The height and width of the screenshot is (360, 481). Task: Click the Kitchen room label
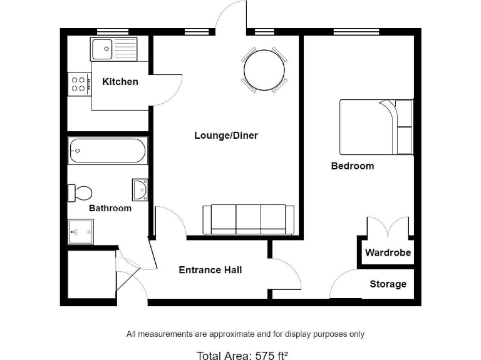(x=120, y=82)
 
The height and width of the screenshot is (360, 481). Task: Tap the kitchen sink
(x=113, y=49)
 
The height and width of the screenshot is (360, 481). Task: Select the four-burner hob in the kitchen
(x=79, y=84)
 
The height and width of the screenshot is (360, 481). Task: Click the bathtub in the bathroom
(x=108, y=151)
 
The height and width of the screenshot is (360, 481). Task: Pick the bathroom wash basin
(x=140, y=188)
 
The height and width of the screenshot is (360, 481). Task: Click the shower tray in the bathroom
(x=80, y=232)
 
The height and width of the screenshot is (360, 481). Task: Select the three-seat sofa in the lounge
(x=248, y=219)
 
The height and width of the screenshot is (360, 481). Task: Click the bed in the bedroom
(x=376, y=127)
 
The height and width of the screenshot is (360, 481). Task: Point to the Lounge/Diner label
(x=226, y=135)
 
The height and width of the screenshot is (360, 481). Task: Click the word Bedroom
(x=353, y=166)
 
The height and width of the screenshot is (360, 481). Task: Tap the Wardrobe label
(x=388, y=253)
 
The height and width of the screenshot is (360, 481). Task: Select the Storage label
(x=388, y=284)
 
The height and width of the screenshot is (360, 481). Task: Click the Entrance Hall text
(x=210, y=270)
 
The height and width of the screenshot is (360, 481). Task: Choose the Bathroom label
(x=110, y=208)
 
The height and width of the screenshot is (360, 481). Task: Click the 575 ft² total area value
(x=269, y=356)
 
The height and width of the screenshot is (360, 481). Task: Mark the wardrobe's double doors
(x=388, y=227)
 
